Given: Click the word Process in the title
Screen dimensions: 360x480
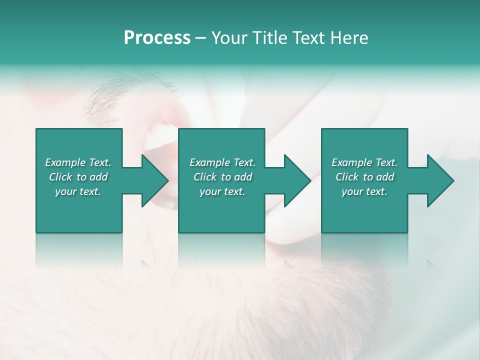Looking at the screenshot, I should pos(157,38).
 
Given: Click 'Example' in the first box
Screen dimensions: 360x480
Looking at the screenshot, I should pos(65,162).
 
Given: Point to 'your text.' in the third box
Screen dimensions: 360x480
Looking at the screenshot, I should pos(364,191).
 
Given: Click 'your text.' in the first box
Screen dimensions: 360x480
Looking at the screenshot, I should pos(78,191).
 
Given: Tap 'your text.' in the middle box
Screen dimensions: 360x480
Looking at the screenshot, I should pos(222,191).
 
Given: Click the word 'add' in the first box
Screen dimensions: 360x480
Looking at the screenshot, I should pos(99,177).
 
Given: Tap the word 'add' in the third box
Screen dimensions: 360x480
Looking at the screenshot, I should pos(385,177).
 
